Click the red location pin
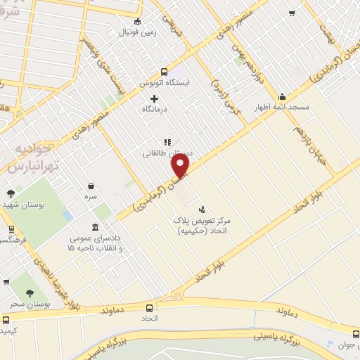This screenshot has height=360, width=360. click(x=181, y=166)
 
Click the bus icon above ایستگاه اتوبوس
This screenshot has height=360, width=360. click(x=164, y=72)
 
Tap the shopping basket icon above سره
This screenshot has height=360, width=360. click(x=91, y=186)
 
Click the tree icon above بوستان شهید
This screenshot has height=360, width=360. click(x=11, y=193)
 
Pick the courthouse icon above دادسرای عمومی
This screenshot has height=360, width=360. click(x=96, y=227)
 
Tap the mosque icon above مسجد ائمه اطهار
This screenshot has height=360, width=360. click(x=283, y=97)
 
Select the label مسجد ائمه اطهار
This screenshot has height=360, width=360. click(x=282, y=109)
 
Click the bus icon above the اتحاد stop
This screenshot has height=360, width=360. click(x=149, y=307)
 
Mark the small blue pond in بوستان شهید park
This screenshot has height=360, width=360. click(x=67, y=214)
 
